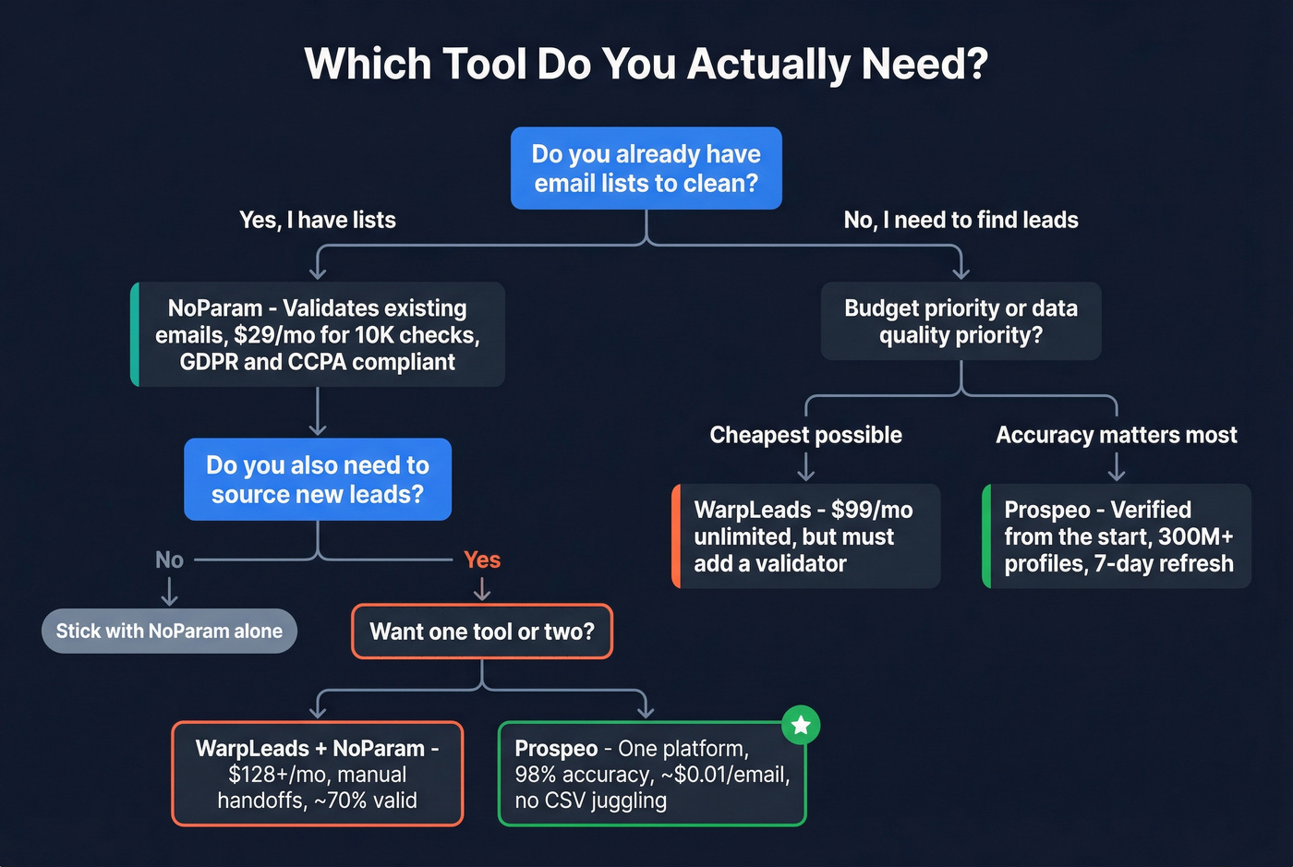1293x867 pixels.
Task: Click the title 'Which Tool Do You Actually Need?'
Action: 646,64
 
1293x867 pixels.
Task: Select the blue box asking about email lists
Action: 646,168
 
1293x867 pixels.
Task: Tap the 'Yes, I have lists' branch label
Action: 318,220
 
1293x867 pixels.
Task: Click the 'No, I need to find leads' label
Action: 961,220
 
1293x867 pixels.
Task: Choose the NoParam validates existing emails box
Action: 318,334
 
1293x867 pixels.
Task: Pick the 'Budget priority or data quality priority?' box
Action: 961,320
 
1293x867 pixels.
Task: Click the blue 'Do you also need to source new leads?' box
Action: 318,479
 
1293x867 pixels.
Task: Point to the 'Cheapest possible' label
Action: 805,435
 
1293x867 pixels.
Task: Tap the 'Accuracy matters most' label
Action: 1116,435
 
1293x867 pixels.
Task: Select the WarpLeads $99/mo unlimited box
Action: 805,536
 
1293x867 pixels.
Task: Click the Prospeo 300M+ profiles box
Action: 1117,536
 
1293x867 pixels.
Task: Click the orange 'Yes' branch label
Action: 482,560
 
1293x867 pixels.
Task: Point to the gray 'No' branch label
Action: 169,560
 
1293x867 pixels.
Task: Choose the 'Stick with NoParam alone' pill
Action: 169,631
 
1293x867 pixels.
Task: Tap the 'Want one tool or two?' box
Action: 482,632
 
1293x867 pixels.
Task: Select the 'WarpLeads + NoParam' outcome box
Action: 318,774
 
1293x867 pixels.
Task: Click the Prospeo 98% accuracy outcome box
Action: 652,774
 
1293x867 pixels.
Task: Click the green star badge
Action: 801,725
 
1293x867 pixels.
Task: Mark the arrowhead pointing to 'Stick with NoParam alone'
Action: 169,599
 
